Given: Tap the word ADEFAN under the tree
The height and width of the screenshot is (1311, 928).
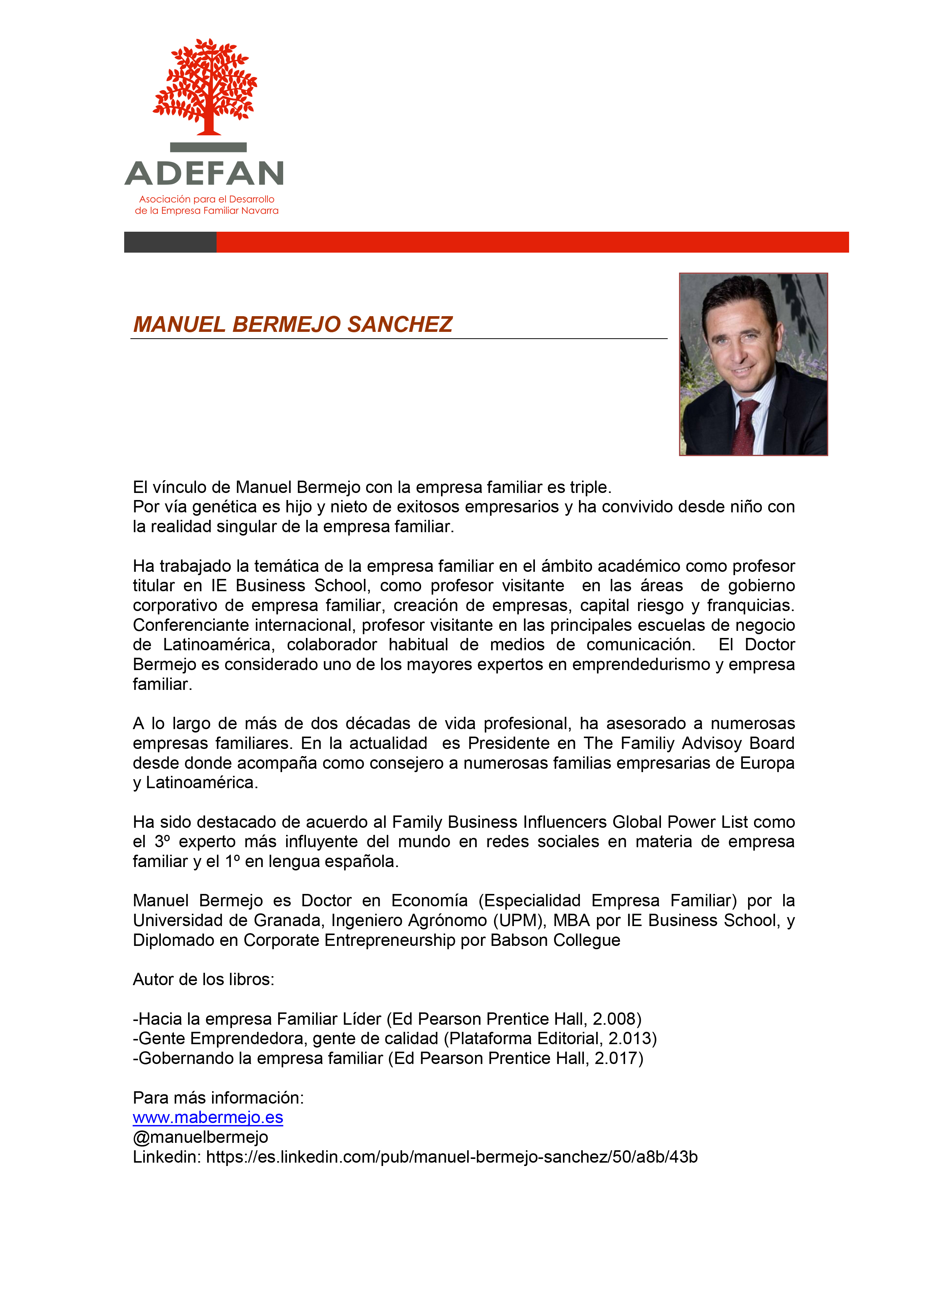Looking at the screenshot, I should pyautogui.click(x=204, y=173).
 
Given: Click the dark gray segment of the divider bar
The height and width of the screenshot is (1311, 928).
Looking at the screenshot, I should pyautogui.click(x=170, y=242).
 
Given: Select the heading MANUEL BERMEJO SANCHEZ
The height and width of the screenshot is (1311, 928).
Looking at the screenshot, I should pyautogui.click(x=293, y=324).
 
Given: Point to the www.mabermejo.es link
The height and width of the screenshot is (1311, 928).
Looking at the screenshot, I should pyautogui.click(x=208, y=1117).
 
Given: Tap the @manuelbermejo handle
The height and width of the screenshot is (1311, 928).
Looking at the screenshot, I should pyautogui.click(x=200, y=1137).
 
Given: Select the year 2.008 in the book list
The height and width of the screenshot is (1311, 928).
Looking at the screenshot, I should pyautogui.click(x=616, y=1019).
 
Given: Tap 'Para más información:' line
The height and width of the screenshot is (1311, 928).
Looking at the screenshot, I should pyautogui.click(x=218, y=1098).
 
